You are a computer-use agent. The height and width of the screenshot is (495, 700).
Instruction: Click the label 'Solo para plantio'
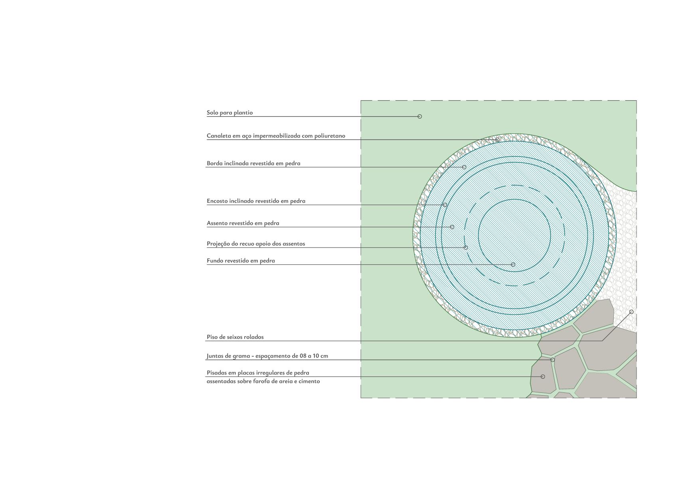coord(229,113)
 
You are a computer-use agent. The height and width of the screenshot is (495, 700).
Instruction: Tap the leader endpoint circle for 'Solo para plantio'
coord(419,117)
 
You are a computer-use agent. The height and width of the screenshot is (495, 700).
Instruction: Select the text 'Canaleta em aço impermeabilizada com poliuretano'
coord(276,136)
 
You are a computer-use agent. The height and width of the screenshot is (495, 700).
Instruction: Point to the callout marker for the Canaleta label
coord(497,140)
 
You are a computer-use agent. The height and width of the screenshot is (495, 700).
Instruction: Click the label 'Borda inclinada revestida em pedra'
coord(253,163)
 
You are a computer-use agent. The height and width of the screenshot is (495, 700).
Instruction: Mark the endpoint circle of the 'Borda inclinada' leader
coord(464,167)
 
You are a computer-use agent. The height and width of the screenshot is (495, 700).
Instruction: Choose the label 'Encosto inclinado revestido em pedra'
coord(256,201)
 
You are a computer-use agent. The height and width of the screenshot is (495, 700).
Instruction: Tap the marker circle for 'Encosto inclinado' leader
coord(445,205)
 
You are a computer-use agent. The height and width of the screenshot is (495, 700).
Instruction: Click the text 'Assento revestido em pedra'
coord(243,223)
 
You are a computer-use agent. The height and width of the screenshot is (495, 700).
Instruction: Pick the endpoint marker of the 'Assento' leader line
coord(452,227)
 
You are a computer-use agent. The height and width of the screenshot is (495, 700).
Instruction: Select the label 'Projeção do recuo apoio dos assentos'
coord(256,244)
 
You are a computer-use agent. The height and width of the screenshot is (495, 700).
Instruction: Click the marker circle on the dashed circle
coord(466,247)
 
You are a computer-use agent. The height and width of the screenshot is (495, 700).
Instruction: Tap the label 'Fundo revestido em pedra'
coord(241,261)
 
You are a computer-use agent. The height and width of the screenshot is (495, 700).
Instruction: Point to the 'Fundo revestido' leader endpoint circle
coord(513,264)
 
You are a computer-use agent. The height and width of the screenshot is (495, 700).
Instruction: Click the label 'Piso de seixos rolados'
coord(235,337)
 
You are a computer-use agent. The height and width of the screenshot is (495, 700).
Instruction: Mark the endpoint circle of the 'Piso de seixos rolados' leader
coord(631,312)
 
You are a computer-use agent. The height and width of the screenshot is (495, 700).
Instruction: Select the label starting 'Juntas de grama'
coord(267,356)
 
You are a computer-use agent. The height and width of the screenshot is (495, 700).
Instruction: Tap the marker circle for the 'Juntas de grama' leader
coord(553,360)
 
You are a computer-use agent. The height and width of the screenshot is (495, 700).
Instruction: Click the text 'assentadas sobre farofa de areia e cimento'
coord(263,381)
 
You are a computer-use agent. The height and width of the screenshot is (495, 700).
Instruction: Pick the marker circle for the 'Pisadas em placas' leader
coord(543,376)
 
